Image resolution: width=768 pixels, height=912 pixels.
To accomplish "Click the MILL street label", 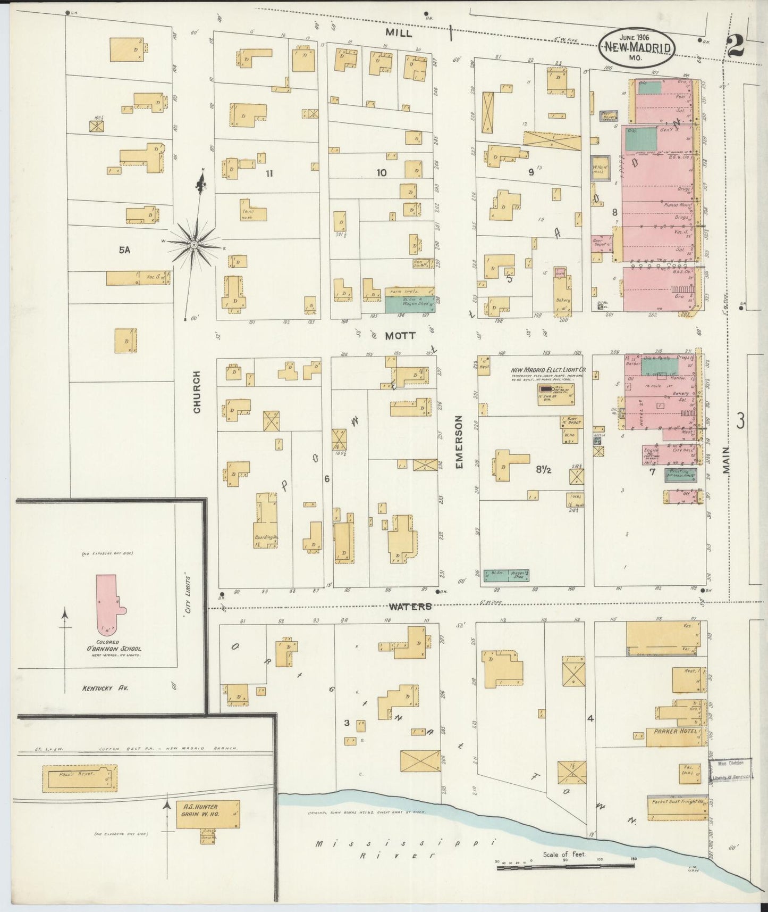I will point(399,33).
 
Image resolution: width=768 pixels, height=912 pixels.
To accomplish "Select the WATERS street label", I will point(410,606).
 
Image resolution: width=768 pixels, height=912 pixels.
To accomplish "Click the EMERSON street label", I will point(459,442).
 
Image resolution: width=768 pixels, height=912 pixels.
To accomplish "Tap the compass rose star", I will point(195,244).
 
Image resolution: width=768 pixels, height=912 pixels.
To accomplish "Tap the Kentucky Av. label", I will point(105,688).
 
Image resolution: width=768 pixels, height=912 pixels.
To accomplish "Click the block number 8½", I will point(543,469).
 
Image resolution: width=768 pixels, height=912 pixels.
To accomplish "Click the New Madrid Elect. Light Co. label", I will point(548,370).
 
